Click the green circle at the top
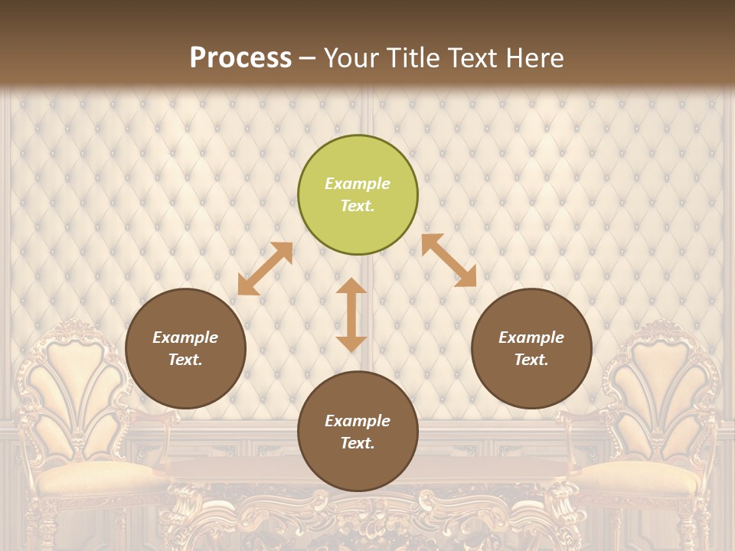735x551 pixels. coord(358,194)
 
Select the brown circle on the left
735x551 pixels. coord(185,348)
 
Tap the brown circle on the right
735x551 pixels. coord(531,348)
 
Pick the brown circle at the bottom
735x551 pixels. coord(358,432)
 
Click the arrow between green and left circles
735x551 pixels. coord(265,269)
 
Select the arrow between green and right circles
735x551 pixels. coord(449,260)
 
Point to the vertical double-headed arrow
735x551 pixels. coord(351,315)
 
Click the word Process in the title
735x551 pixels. coord(240,57)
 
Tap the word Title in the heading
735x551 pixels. coord(415,57)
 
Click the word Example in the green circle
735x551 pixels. coord(358,184)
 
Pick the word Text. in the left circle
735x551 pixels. coord(185,360)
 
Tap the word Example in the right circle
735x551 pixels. coord(531,337)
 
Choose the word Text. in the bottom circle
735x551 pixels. coord(358,443)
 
